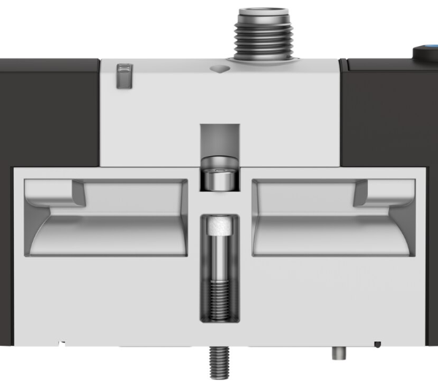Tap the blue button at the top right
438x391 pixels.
tap(426, 53)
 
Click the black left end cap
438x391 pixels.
tap(47, 109)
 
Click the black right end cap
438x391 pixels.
tap(391, 109)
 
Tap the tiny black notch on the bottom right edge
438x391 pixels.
tap(377, 344)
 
